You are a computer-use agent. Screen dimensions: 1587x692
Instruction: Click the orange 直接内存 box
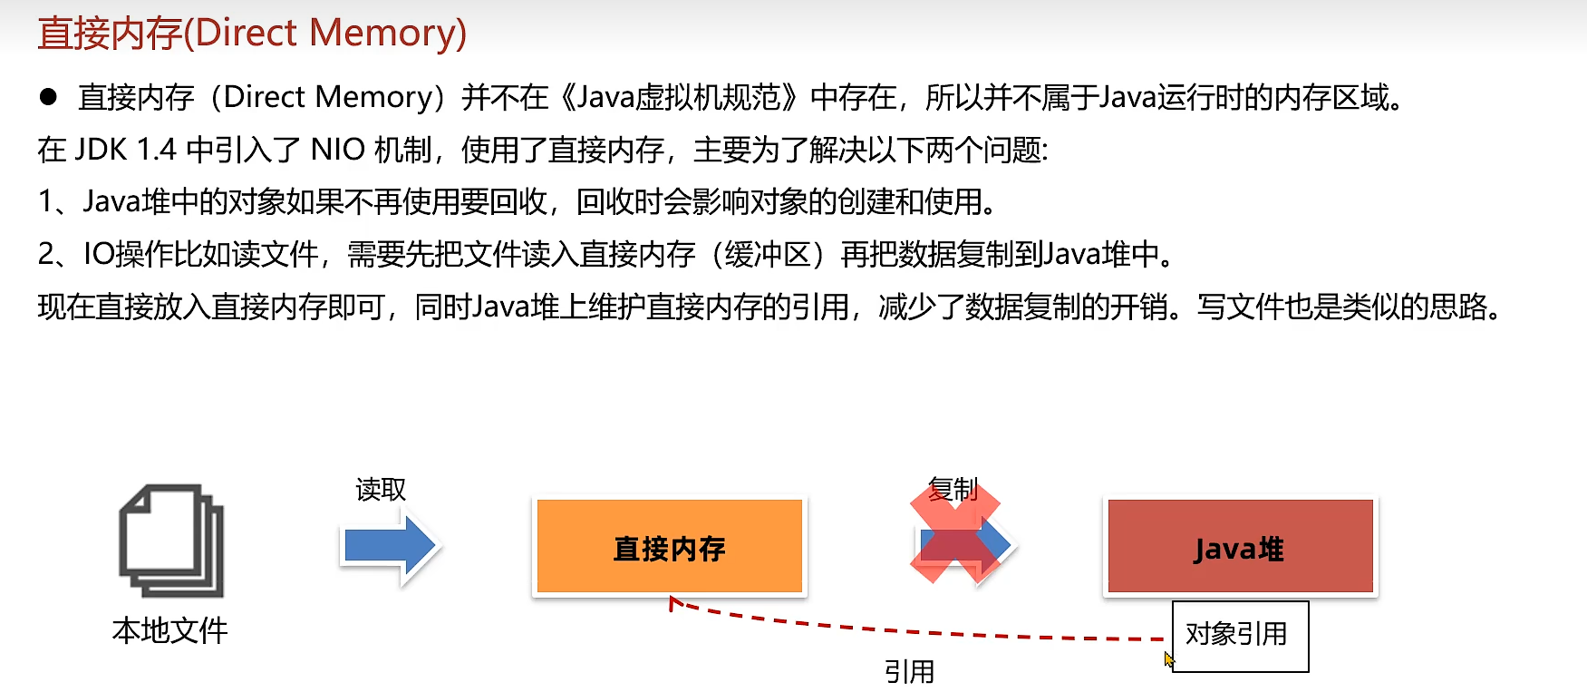pos(669,547)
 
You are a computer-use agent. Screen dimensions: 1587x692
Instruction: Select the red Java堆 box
pos(1239,547)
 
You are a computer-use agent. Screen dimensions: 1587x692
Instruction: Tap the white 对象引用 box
pos(1239,635)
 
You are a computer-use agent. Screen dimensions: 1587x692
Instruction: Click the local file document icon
pos(171,541)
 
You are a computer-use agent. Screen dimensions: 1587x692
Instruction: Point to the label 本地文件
pos(169,630)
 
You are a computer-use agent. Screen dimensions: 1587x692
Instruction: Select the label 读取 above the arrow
pos(381,490)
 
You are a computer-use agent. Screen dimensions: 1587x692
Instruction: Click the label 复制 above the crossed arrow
pos(953,490)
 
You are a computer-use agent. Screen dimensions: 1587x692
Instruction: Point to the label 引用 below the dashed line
pos(909,671)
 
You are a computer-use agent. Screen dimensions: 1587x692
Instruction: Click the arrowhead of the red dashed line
pos(673,601)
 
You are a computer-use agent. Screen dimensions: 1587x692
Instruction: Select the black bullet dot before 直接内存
pos(49,97)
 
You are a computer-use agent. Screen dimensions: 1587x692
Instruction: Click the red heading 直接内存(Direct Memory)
pos(252,33)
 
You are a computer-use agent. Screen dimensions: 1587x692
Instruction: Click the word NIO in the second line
pos(337,150)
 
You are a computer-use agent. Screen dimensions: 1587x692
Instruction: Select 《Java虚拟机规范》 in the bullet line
pos(679,97)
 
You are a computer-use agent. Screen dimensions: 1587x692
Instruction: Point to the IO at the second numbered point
pos(99,254)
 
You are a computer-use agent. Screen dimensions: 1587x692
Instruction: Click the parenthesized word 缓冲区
pos(768,254)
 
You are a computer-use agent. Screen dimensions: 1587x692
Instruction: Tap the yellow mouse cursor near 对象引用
pos(1168,659)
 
